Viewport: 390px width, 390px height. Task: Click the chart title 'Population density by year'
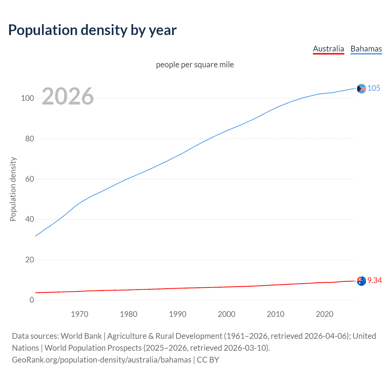pos(92,30)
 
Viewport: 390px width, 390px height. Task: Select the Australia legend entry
pos(328,49)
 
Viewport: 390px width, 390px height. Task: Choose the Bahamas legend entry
pos(366,49)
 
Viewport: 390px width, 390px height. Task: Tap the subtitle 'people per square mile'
pos(195,65)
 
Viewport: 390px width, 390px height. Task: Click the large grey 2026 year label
pos(68,96)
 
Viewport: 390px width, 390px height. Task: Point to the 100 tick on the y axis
pos(27,98)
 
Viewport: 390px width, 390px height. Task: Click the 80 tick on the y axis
pos(30,139)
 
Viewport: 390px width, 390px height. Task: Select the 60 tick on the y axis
pos(30,179)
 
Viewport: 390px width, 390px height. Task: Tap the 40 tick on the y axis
pos(30,219)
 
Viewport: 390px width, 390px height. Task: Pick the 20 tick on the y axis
pos(30,260)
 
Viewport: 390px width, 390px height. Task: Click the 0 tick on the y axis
pos(32,300)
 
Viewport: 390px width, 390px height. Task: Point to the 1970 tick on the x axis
pos(80,314)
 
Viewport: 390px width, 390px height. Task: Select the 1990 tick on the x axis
pos(178,314)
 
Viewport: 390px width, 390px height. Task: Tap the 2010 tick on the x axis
pos(275,314)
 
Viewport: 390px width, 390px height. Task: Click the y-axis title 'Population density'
pos(13,189)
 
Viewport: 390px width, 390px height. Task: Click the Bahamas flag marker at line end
pos(361,89)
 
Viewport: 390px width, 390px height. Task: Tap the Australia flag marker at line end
pos(361,281)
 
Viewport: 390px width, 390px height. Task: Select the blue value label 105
pos(374,88)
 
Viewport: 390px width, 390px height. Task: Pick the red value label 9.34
pos(374,281)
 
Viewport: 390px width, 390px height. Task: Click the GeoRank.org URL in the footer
pos(101,360)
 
